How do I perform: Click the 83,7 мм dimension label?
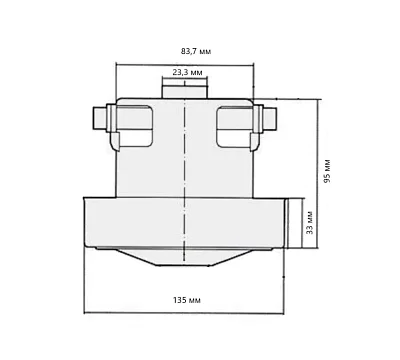tap(196, 51)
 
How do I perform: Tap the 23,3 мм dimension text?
tap(187, 72)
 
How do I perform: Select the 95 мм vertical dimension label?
tap(327, 171)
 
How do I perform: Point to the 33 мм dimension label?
tap(310, 222)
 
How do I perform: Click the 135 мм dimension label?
tap(187, 300)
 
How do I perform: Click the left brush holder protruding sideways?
tap(100, 118)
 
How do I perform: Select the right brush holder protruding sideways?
tap(268, 118)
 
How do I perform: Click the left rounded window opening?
tap(135, 127)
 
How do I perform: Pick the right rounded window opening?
tap(234, 127)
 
